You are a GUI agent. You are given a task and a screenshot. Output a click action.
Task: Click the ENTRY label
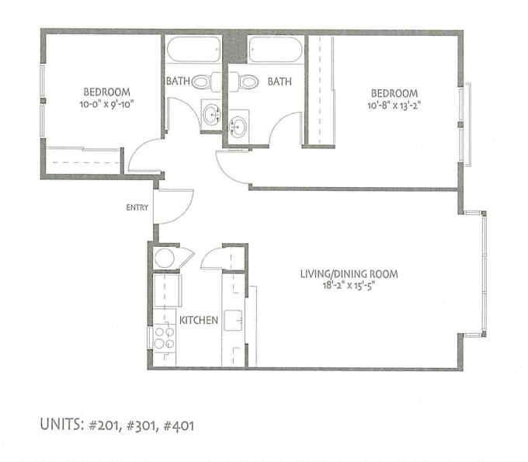click(x=137, y=207)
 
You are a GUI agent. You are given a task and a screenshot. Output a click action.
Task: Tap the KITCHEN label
click(x=199, y=320)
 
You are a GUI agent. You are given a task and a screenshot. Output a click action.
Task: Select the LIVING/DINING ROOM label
click(x=349, y=274)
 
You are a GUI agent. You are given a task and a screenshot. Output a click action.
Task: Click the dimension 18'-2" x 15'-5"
click(x=349, y=286)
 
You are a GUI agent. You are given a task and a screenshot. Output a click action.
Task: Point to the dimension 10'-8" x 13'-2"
click(x=394, y=106)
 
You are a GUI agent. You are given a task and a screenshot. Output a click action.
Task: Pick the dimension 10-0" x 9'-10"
click(x=106, y=104)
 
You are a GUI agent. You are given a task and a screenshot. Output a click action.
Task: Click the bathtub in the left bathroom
click(x=193, y=49)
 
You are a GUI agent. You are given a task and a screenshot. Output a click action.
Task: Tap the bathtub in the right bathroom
click(x=275, y=50)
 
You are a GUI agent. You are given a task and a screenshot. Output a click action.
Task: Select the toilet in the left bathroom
click(x=206, y=82)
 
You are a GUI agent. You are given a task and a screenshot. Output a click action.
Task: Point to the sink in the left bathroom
click(x=211, y=114)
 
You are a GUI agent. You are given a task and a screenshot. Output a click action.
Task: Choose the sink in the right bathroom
click(x=238, y=127)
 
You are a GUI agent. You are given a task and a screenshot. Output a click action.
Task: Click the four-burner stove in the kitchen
click(x=165, y=338)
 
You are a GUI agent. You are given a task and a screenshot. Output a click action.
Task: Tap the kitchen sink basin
click(x=234, y=320)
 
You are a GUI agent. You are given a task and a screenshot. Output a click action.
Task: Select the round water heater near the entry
click(x=165, y=259)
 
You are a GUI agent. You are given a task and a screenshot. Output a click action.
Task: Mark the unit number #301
click(x=141, y=426)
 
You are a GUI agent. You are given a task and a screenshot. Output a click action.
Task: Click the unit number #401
click(x=179, y=426)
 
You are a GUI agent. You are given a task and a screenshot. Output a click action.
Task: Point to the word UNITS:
click(x=61, y=425)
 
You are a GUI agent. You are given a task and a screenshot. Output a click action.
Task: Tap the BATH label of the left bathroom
click(x=178, y=81)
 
